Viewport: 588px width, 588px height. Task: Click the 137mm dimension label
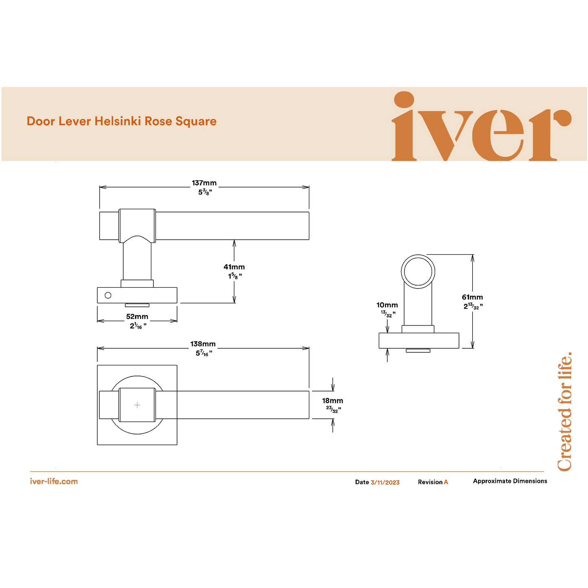coord(204,183)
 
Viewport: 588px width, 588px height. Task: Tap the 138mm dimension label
coord(203,344)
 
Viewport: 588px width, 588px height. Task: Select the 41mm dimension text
coord(234,267)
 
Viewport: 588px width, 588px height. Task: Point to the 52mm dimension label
coord(137,317)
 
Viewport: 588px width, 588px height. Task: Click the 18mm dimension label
coord(332,401)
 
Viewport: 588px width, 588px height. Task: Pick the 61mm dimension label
coord(472,297)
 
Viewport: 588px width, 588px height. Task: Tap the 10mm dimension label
coord(387,305)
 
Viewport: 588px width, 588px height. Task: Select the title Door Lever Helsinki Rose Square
coord(121,121)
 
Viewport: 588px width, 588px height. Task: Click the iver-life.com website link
coord(54,481)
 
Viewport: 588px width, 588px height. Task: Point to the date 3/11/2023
coord(385,482)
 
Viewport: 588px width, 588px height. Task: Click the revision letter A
coord(446,482)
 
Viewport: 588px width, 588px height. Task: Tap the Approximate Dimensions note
coord(510,481)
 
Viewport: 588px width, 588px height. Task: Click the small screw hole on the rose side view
coord(108,295)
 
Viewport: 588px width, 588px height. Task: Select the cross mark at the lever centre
coord(137,405)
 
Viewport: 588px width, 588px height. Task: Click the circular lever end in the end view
coord(418,271)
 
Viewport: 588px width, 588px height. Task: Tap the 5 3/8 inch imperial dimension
coord(205,192)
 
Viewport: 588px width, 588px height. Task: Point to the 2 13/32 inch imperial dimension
coord(473,306)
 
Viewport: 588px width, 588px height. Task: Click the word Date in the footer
coord(362,482)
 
